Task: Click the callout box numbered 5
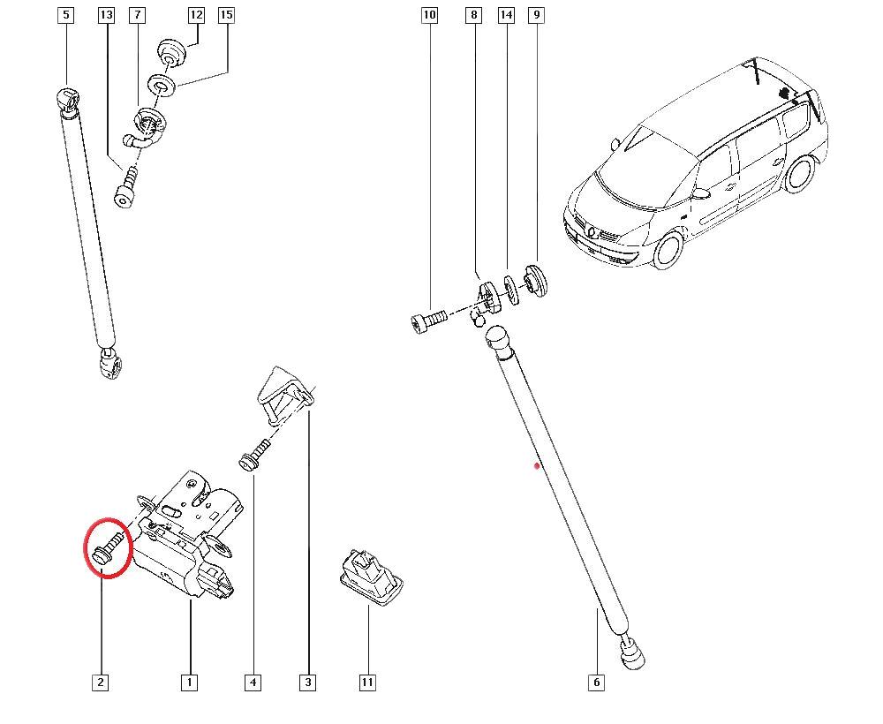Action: tap(66, 15)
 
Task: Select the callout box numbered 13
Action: tap(106, 15)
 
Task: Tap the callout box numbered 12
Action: tap(195, 15)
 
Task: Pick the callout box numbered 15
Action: tap(226, 15)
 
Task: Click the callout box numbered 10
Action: tap(429, 15)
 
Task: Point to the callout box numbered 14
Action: tap(506, 15)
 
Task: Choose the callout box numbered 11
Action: tap(366, 683)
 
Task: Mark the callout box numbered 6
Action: tap(596, 683)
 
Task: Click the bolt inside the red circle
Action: tap(108, 547)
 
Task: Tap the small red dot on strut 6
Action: tap(537, 465)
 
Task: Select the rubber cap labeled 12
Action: tap(171, 52)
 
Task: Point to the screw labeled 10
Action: tap(428, 322)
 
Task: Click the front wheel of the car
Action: tap(669, 249)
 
